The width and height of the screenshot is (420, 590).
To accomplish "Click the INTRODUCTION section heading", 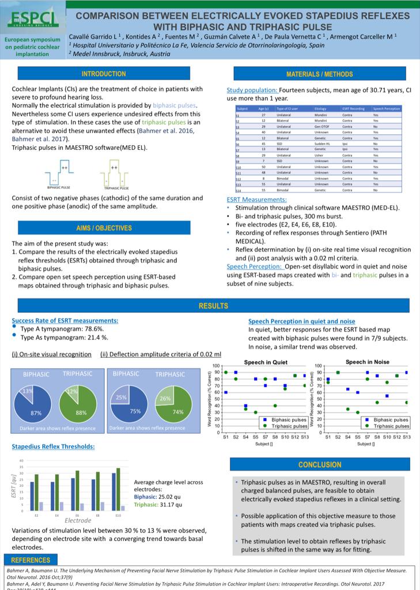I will click(x=104, y=74).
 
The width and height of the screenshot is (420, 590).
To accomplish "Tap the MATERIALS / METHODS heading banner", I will click(x=320, y=74).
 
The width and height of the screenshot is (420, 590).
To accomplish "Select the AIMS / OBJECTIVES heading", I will click(x=104, y=228).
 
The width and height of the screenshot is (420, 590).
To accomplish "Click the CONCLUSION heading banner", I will click(x=320, y=464).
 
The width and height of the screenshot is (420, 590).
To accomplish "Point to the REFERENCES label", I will click(x=31, y=560).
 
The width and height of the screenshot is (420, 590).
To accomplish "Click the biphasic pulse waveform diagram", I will click(x=60, y=172).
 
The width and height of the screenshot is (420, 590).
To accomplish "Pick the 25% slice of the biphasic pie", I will click(x=122, y=398).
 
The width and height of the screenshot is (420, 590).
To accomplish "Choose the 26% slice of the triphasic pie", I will click(x=165, y=398).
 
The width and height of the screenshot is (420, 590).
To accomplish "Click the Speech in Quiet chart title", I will click(x=266, y=362).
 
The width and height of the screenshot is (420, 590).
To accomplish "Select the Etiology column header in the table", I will click(x=320, y=108).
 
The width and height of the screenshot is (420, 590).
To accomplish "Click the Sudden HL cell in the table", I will click(x=321, y=143).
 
